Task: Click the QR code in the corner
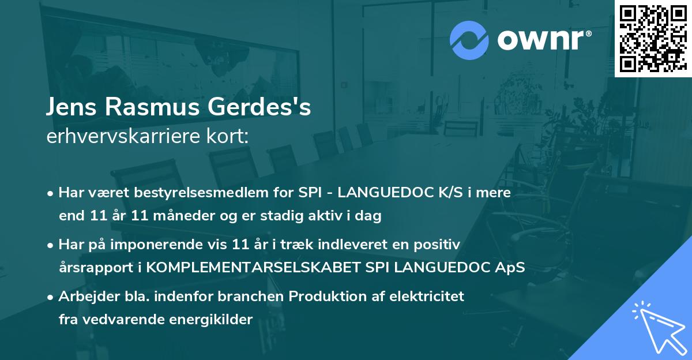pyautogui.click(x=652, y=39)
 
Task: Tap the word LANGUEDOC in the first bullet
pyautogui.click(x=388, y=193)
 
